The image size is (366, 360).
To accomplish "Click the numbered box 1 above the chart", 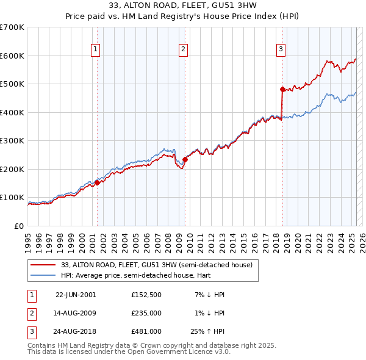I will click(x=96, y=50).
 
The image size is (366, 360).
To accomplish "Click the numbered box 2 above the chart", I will click(x=183, y=50).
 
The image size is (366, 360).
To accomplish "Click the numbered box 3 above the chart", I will click(x=281, y=50).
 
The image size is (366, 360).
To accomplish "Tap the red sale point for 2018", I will click(x=282, y=89).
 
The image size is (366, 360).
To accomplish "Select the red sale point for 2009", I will click(x=185, y=159).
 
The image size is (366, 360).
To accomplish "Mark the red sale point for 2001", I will click(x=97, y=182).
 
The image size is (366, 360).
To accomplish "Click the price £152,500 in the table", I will click(x=146, y=295).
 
